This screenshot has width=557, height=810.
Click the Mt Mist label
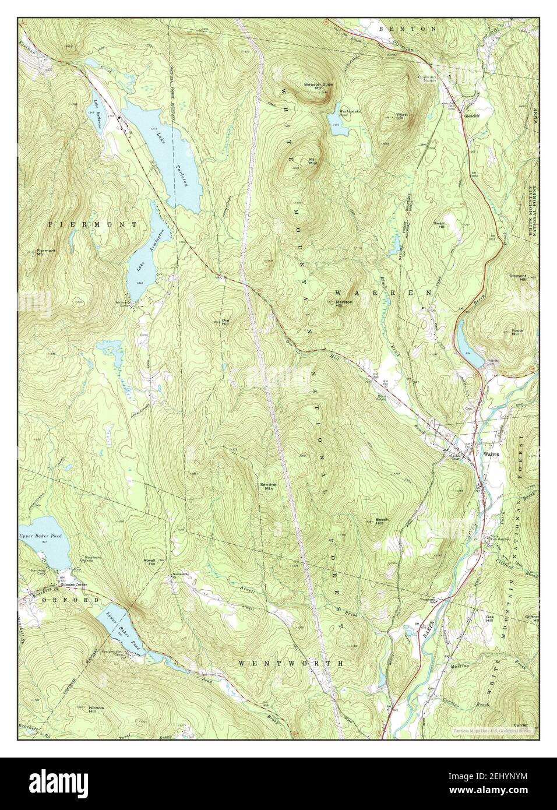tap(313, 161)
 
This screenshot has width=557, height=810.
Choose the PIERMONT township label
tap(93, 224)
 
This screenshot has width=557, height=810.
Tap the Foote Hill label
tap(514, 332)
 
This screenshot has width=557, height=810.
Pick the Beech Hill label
tap(382, 520)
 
